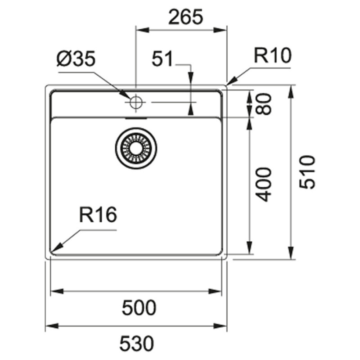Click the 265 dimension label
click(186, 17)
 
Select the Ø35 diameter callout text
click(76, 58)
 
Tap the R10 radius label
click(273, 55)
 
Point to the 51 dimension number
click(162, 58)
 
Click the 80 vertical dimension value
click(264, 104)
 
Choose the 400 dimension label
click(264, 185)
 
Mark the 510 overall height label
click(307, 172)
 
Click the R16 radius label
click(98, 215)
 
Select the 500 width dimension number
click(139, 307)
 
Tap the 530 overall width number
click(137, 343)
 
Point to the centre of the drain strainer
click(136, 148)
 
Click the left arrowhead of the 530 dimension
click(52, 326)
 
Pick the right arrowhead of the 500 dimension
click(215, 292)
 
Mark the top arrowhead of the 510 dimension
click(291, 92)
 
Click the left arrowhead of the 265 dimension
click(143, 30)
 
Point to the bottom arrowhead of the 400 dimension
click(250, 247)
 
